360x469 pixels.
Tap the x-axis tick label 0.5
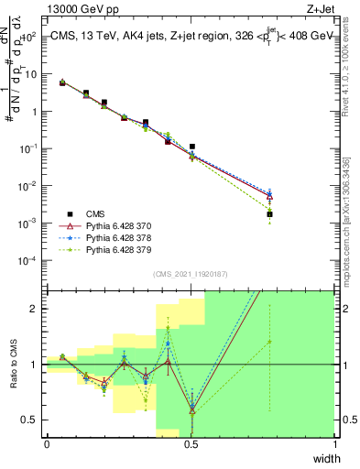[191, 443]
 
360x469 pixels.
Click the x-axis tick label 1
[334, 443]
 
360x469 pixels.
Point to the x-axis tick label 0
[47, 443]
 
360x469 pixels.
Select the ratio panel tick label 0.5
[30, 420]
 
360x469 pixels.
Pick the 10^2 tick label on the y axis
[28, 37]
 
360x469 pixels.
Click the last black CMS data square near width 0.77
[269, 214]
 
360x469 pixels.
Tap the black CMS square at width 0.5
[192, 147]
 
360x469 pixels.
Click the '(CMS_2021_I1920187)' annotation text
[191, 274]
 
